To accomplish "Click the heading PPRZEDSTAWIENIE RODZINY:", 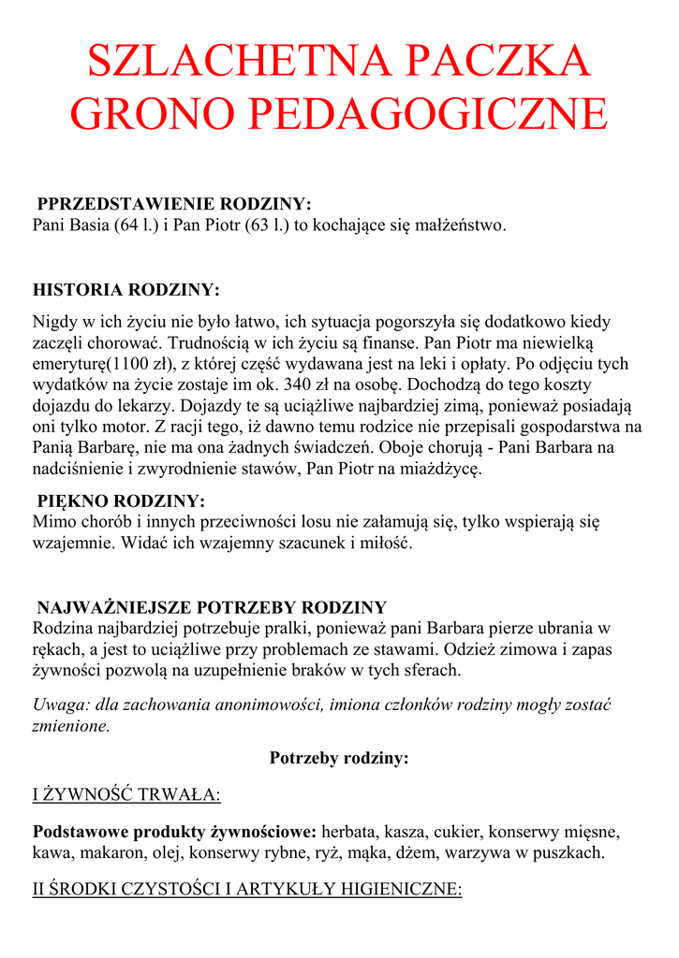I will [173, 205].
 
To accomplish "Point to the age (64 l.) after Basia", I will [137, 225].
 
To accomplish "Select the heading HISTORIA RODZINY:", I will [126, 289].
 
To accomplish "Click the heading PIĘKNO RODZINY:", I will [121, 501].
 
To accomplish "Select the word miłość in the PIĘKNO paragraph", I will [386, 543].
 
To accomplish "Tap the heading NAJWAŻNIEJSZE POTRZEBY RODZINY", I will [211, 607].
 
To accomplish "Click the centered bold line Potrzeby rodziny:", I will [339, 758].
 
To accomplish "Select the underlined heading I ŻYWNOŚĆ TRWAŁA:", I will [126, 795].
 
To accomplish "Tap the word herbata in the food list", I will [349, 832].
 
